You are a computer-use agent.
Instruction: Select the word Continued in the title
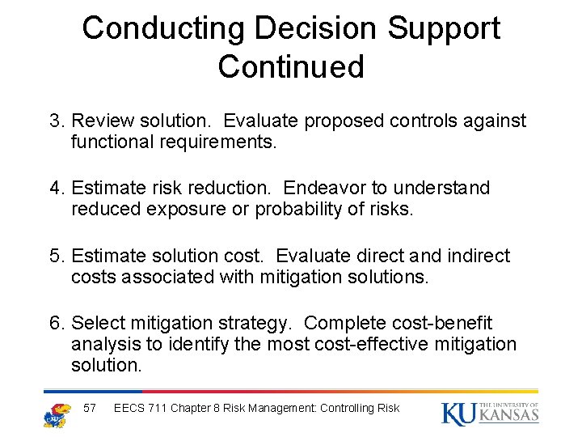tap(291, 66)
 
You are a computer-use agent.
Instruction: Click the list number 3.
tap(56, 121)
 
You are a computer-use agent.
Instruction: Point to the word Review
tap(101, 121)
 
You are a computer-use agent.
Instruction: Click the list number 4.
tap(56, 189)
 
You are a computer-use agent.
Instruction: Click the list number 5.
tap(56, 257)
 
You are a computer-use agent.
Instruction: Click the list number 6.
tap(56, 324)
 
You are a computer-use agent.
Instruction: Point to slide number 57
tap(90, 408)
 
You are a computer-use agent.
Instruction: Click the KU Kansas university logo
tap(490, 413)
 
